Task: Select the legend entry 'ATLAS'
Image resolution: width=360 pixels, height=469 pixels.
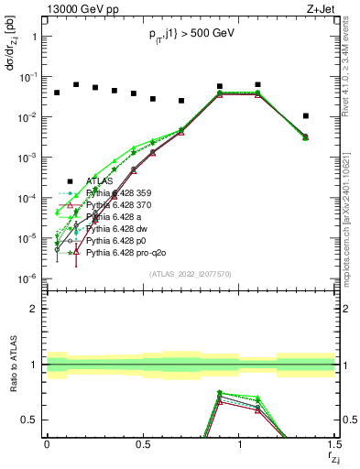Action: click(101, 180)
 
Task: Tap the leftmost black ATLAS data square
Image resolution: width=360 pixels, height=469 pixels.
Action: click(57, 93)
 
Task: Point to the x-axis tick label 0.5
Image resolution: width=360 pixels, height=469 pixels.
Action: click(143, 444)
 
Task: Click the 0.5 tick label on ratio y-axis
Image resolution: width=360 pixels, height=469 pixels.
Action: click(30, 420)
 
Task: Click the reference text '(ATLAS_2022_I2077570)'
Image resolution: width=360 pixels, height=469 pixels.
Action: click(191, 273)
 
